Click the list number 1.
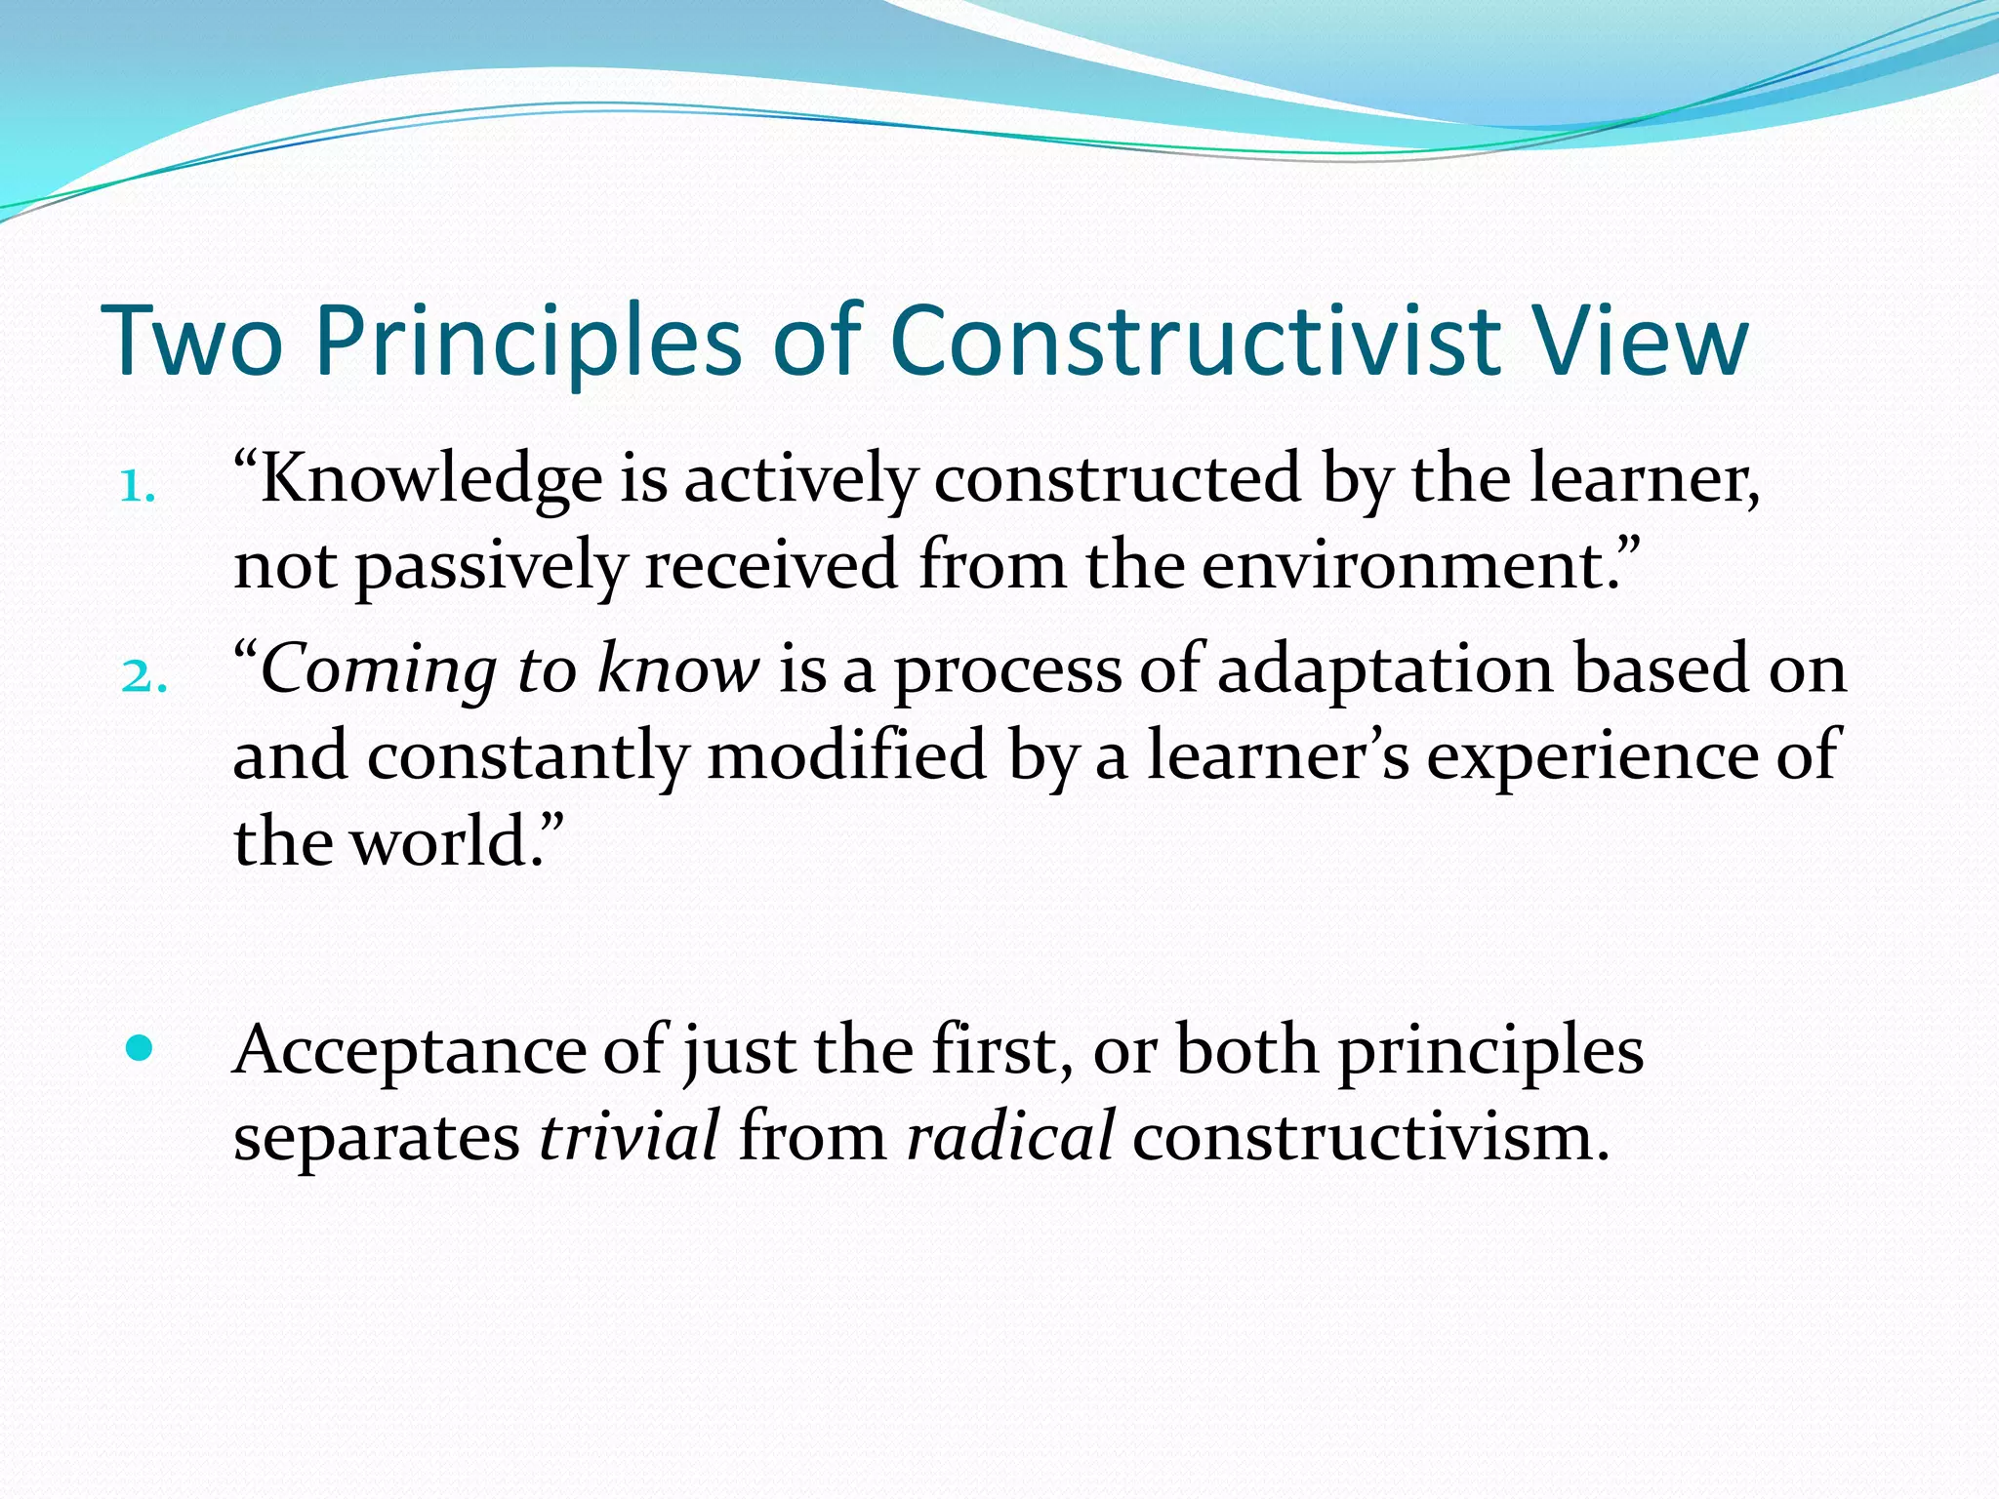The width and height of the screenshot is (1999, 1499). pyautogui.click(x=137, y=485)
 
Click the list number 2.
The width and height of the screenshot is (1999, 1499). pyautogui.click(x=143, y=676)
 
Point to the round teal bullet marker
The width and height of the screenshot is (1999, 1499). pyautogui.click(x=141, y=1049)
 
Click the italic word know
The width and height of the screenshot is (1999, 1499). pyautogui.click(x=677, y=670)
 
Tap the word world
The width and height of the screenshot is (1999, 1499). pyautogui.click(x=440, y=842)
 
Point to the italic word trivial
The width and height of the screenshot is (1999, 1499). pyautogui.click(x=630, y=1137)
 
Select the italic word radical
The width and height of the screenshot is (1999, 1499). pyautogui.click(x=1009, y=1137)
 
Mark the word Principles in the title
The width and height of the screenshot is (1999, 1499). pyautogui.click(x=528, y=341)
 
